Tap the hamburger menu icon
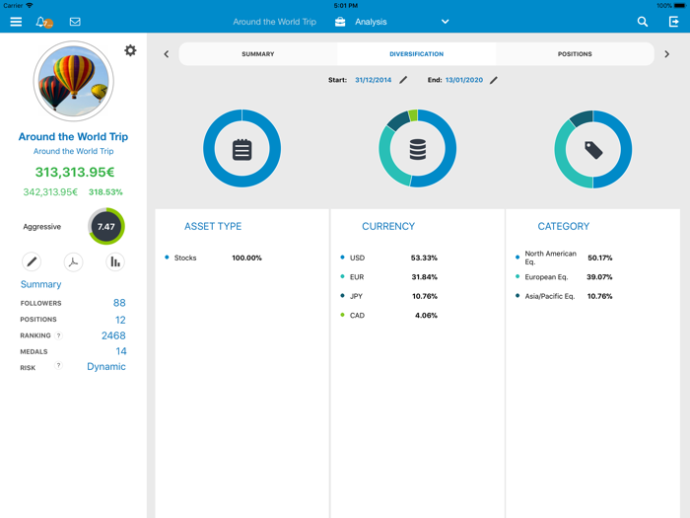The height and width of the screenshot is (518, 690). [x=16, y=22]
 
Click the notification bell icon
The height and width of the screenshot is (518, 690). [x=41, y=22]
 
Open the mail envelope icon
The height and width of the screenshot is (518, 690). [x=75, y=22]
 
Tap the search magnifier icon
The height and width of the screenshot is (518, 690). [x=643, y=22]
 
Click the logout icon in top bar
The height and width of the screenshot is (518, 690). [x=674, y=22]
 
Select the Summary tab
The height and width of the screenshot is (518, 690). [x=258, y=54]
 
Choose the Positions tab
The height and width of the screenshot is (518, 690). [x=575, y=54]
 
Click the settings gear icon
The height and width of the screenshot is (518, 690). [x=130, y=50]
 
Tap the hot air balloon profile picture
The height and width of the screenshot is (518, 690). [x=73, y=81]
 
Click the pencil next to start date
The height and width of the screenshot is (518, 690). [x=403, y=80]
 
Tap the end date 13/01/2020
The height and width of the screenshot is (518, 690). [x=464, y=80]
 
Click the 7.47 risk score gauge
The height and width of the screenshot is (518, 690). [x=106, y=227]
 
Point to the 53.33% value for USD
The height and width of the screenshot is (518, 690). [x=424, y=259]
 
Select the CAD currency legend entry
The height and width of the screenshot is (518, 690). [x=357, y=316]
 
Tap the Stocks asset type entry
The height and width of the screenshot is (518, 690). [x=185, y=259]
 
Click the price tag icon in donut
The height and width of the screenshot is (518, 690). [x=593, y=149]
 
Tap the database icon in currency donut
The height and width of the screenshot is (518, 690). [x=418, y=149]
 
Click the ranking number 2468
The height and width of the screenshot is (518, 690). [x=113, y=335]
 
